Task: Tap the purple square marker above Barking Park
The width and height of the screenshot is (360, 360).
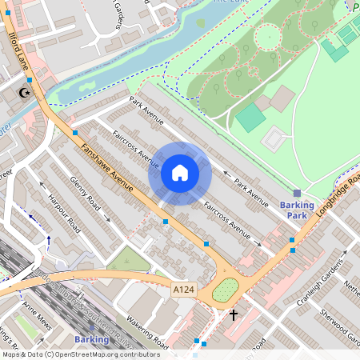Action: point(297,193)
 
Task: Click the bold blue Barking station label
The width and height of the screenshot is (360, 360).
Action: point(90,339)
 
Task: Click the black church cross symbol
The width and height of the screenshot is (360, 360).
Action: point(234,315)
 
